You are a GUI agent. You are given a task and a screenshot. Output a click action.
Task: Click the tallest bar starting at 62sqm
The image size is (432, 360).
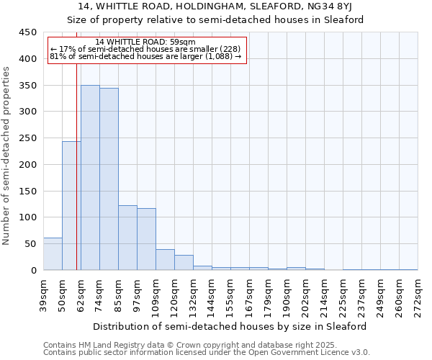coord(90,178)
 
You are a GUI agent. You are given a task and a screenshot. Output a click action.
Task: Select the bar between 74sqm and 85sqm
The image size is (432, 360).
coord(109,179)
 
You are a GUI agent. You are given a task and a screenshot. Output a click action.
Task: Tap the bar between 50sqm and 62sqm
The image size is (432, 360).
coord(71,206)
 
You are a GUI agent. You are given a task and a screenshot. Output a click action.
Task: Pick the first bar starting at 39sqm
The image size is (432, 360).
coord(53,254)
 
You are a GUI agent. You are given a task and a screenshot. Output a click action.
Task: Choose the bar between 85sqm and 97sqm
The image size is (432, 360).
coord(127,238)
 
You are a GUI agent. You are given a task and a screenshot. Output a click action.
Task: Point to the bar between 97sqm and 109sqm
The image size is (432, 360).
coord(146,239)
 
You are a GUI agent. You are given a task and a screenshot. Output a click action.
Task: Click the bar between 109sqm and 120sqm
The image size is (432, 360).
coord(165,260)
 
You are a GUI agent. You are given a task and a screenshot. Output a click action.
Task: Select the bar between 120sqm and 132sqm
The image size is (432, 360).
coord(184,263)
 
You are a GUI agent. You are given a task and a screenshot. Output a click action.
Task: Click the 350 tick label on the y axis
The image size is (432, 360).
coord(27,86)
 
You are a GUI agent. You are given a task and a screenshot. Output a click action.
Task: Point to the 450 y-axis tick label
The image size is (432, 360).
coord(27,32)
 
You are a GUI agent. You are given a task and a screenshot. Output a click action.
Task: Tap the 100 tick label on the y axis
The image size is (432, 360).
coord(27,217)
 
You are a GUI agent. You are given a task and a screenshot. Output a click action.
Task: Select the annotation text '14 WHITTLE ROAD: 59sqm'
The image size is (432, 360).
coord(145,42)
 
